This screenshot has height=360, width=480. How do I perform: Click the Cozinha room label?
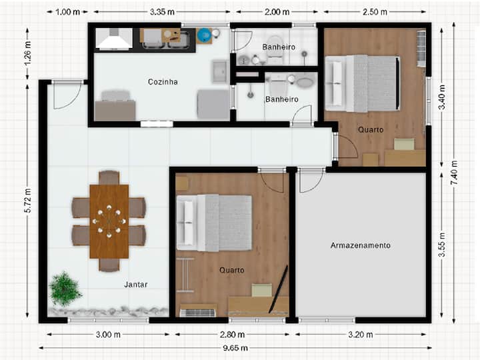tap(163, 82)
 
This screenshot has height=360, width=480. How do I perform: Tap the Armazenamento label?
tap(360, 245)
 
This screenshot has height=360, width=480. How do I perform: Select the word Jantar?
tap(135, 285)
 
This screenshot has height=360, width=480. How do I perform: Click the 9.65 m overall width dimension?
tap(235, 348)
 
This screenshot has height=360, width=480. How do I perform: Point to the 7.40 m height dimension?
tap(454, 173)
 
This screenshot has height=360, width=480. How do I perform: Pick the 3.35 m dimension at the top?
tap(162, 12)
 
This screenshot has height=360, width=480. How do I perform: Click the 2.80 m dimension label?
tap(232, 335)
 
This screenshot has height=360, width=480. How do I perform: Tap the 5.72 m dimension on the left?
tap(28, 201)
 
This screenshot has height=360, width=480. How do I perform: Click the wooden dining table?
tap(109, 221)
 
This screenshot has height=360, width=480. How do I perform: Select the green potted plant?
tap(65, 289)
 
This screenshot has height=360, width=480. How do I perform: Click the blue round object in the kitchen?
tap(203, 35)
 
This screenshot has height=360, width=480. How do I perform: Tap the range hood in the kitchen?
tap(113, 39)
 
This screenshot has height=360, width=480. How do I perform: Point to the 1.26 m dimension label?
tap(28, 53)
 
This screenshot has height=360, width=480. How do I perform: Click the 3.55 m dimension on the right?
tap(442, 245)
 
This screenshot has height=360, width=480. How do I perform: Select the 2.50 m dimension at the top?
tap(375, 12)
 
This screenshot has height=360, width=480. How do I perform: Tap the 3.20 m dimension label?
tap(360, 335)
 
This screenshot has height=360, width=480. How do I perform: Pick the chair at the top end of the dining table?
tap(109, 177)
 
